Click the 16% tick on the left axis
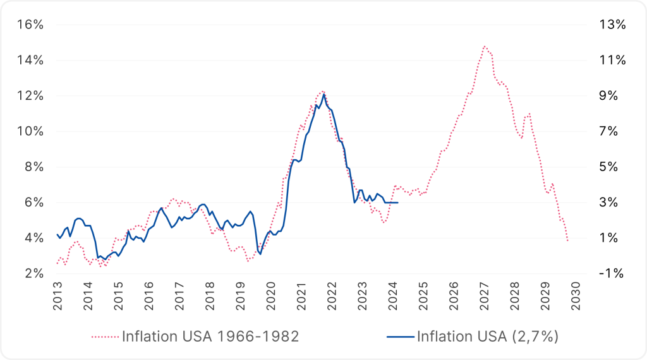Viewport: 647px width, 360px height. (x=30, y=25)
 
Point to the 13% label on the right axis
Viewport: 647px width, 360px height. (x=612, y=25)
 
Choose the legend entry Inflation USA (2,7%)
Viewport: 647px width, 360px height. (x=487, y=336)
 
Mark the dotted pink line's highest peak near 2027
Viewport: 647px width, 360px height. (x=485, y=46)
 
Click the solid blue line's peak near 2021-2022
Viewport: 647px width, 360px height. (x=324, y=95)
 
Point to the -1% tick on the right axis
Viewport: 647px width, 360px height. (x=612, y=273)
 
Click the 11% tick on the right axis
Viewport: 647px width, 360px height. (x=612, y=61)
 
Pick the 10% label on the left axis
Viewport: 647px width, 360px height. (x=30, y=131)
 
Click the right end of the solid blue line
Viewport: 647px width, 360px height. (x=397, y=202)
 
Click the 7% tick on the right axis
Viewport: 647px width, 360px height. (x=612, y=131)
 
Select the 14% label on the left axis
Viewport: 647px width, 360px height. (x=30, y=61)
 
